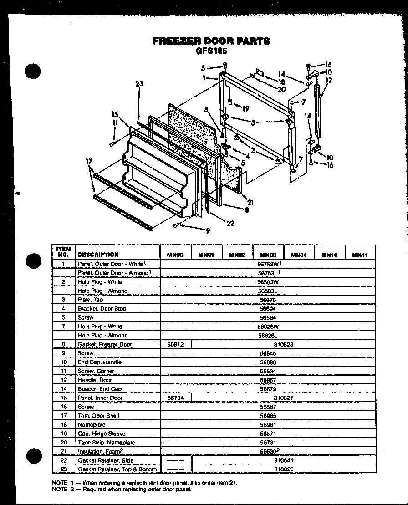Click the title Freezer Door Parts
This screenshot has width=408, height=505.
pyautogui.click(x=211, y=41)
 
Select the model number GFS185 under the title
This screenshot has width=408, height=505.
pyautogui.click(x=211, y=51)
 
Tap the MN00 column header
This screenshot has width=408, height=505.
pyautogui.click(x=175, y=255)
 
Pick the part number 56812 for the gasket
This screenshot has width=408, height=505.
pyautogui.click(x=175, y=344)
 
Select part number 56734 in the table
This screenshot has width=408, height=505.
pyautogui.click(x=175, y=398)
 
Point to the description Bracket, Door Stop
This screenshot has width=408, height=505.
pyautogui.click(x=102, y=309)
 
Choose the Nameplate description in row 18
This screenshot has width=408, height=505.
pyautogui.click(x=92, y=424)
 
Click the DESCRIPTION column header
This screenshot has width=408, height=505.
pyautogui.click(x=98, y=255)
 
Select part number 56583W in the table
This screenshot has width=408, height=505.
pyautogui.click(x=268, y=282)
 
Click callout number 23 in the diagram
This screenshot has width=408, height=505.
pyautogui.click(x=139, y=83)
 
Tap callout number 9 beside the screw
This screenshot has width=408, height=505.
pyautogui.click(x=208, y=231)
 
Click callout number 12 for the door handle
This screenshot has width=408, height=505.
pyautogui.click(x=329, y=81)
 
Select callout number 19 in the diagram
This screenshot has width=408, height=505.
pyautogui.click(x=246, y=109)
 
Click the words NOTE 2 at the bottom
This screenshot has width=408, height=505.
pyautogui.click(x=60, y=490)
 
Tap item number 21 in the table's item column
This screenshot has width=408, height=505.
pyautogui.click(x=64, y=451)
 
